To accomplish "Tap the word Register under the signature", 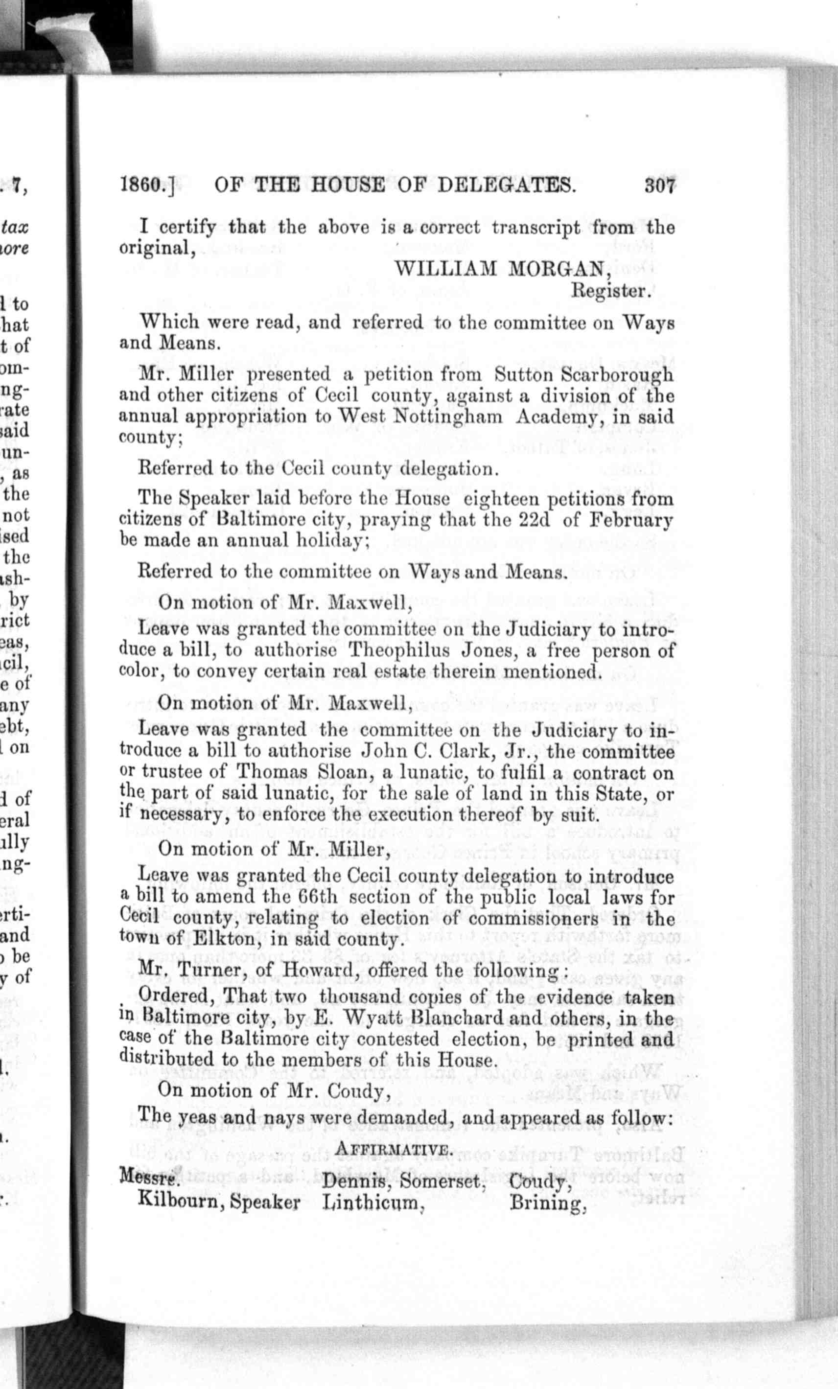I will pos(612,291).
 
